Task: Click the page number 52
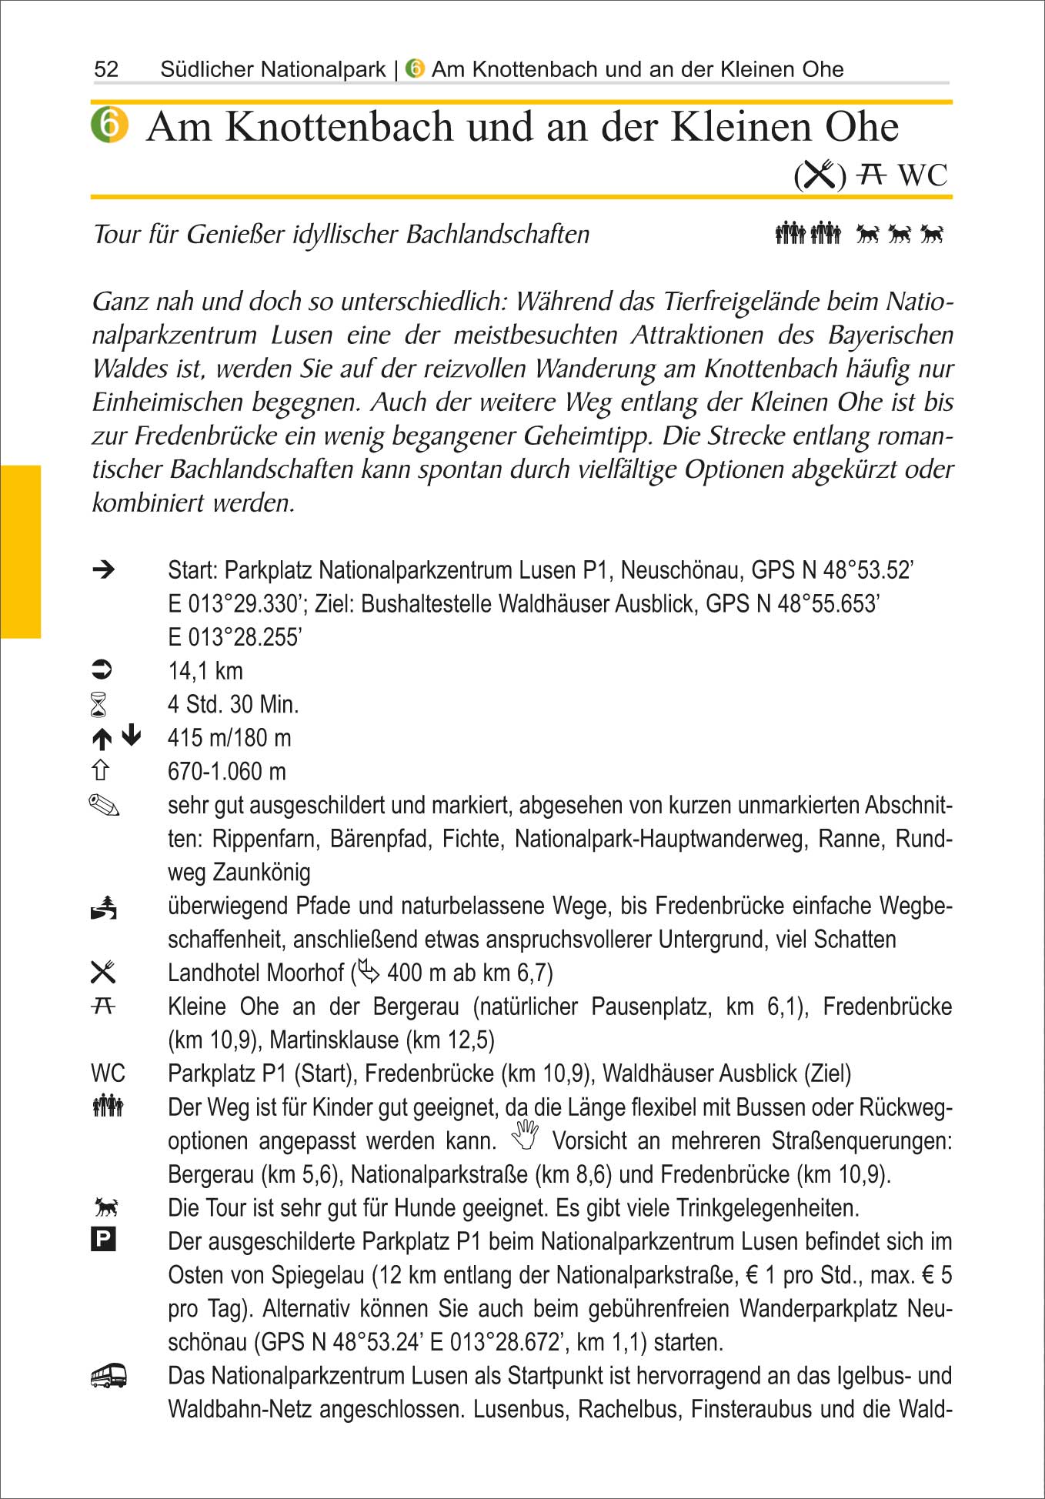(106, 69)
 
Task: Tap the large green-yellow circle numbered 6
(109, 125)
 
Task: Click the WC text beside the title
(923, 175)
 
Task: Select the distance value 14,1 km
(205, 671)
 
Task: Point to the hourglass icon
(99, 705)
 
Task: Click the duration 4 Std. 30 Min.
(233, 704)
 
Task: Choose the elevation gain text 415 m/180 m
(229, 738)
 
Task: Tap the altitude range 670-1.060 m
(227, 771)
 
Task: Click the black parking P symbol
(103, 1240)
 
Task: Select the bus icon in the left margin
(108, 1376)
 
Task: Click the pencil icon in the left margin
(104, 806)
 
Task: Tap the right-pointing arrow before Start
(103, 569)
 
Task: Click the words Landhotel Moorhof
(255, 973)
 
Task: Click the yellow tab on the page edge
(20, 552)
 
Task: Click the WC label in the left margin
(108, 1073)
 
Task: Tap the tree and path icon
(104, 908)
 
